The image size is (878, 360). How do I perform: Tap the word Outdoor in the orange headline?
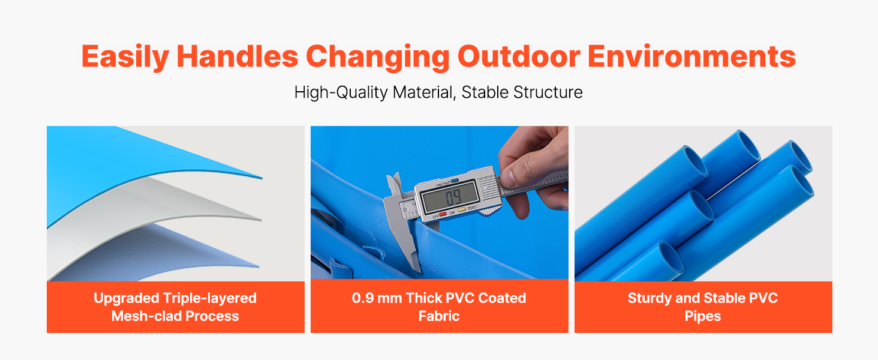coord(519,56)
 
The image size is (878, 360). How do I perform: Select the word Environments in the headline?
coord(691,56)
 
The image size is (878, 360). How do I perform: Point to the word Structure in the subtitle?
coord(548,92)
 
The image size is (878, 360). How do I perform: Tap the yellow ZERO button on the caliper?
coord(462,209)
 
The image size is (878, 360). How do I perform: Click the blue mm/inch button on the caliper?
coord(455,181)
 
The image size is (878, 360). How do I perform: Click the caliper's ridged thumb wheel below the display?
coord(490,211)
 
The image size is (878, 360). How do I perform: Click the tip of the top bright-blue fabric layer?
coord(262,178)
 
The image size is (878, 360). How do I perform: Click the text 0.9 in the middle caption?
coord(362,298)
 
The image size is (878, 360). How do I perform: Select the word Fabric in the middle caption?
coord(439,316)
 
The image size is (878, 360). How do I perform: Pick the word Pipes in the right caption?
coord(703,316)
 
